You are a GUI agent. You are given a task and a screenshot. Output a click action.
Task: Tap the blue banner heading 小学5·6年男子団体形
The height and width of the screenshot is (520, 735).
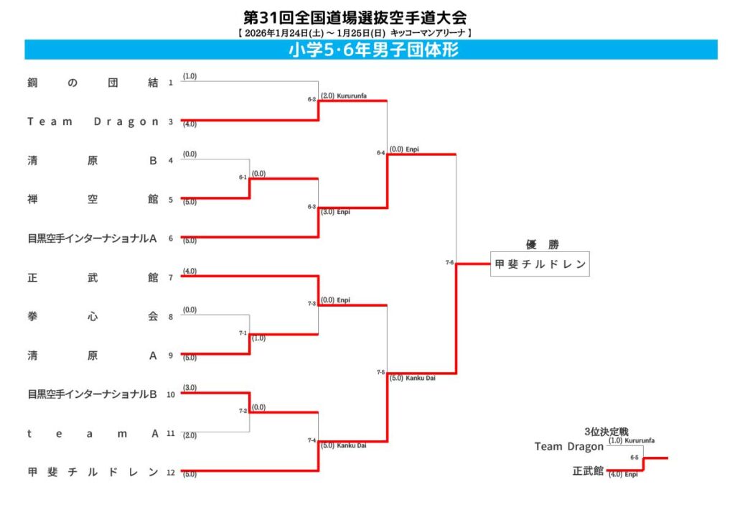pyautogui.click(x=371, y=50)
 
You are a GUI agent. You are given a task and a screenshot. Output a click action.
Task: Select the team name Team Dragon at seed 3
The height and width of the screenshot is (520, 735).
pyautogui.click(x=93, y=121)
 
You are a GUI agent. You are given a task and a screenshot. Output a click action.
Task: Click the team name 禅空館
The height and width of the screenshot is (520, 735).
pyautogui.click(x=93, y=200)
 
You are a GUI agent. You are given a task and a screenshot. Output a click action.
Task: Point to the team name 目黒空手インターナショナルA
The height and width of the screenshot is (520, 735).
pyautogui.click(x=93, y=238)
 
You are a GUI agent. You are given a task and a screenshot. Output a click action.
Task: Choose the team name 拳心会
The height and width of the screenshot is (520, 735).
pyautogui.click(x=93, y=316)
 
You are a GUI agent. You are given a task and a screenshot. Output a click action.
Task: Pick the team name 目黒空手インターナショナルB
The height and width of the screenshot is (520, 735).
pyautogui.click(x=93, y=394)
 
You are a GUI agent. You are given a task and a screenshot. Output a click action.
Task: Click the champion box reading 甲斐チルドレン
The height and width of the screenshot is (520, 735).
pyautogui.click(x=540, y=264)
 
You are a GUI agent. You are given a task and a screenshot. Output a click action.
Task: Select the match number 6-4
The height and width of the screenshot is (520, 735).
pyautogui.click(x=380, y=152)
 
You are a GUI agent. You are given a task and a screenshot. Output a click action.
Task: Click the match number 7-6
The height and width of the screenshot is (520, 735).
pyautogui.click(x=449, y=263)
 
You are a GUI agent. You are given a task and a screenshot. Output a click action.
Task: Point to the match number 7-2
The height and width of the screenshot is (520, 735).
pyautogui.click(x=243, y=411)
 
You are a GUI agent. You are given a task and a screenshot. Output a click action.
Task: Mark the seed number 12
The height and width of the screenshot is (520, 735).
pyautogui.click(x=170, y=473)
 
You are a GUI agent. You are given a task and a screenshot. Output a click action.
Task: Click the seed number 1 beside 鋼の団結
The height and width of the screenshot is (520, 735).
pyautogui.click(x=170, y=83)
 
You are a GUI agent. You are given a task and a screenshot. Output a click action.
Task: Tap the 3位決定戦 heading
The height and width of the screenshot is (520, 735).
pyautogui.click(x=607, y=432)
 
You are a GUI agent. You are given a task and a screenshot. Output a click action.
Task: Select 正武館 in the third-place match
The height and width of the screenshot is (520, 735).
pyautogui.click(x=588, y=471)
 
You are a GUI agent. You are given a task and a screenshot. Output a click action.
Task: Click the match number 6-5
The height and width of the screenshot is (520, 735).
pyautogui.click(x=635, y=457)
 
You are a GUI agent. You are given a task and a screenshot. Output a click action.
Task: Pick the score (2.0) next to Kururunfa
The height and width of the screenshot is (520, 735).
pyautogui.click(x=327, y=95)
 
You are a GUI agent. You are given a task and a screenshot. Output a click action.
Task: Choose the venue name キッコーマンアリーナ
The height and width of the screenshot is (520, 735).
pyautogui.click(x=428, y=33)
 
